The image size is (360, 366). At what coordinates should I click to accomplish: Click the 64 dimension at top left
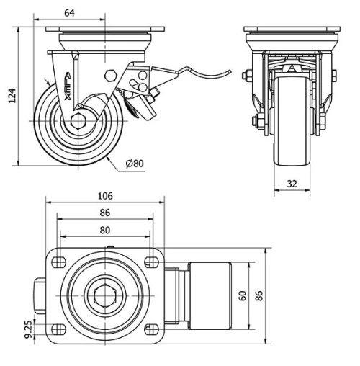[x=70, y=12]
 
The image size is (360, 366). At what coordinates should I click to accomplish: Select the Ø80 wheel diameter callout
[x=135, y=164]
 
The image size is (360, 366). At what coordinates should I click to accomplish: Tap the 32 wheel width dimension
[x=292, y=184]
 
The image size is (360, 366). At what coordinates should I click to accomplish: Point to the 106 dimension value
[x=105, y=196]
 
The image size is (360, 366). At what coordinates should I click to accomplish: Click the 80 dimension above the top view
[x=105, y=231]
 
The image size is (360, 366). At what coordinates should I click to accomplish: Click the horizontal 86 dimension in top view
[x=105, y=213]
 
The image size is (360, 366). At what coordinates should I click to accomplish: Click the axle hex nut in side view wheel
[x=78, y=122]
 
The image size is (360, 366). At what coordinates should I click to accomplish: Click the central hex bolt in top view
[x=104, y=295]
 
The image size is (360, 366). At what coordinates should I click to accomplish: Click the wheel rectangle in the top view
[x=208, y=295]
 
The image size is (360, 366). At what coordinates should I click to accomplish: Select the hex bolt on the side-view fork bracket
[x=110, y=76]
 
